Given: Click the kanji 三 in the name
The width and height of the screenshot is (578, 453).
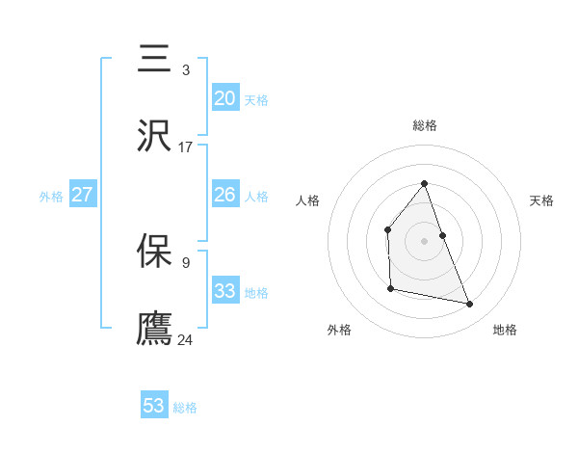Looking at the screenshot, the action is (154, 59).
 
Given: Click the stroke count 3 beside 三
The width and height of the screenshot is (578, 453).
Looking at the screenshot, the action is (186, 69).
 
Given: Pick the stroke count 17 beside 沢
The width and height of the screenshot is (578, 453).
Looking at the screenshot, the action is (185, 147).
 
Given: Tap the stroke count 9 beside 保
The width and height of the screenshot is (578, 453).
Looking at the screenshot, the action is (186, 261).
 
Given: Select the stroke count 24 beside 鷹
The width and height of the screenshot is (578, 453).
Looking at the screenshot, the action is (186, 339).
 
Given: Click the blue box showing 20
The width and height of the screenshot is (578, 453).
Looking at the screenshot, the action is (225, 98).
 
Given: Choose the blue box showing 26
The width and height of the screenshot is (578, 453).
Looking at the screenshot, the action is (225, 195).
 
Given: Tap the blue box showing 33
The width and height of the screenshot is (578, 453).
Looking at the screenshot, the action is (225, 291).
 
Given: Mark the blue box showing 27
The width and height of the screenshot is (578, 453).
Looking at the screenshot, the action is (83, 195).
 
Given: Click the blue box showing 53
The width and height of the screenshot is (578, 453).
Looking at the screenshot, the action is (154, 406).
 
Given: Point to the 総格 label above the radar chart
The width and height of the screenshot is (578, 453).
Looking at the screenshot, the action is (425, 125).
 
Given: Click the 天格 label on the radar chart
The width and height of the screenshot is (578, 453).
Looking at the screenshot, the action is (542, 200).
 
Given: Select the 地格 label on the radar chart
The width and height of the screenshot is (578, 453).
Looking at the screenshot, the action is (505, 331).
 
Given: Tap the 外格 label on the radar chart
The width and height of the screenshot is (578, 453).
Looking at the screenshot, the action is (339, 331).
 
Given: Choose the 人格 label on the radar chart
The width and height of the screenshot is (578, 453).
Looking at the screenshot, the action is (307, 200).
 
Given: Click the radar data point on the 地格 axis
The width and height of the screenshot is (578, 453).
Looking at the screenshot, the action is (470, 305).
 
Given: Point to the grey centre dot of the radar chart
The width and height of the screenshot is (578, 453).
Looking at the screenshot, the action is (424, 240).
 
